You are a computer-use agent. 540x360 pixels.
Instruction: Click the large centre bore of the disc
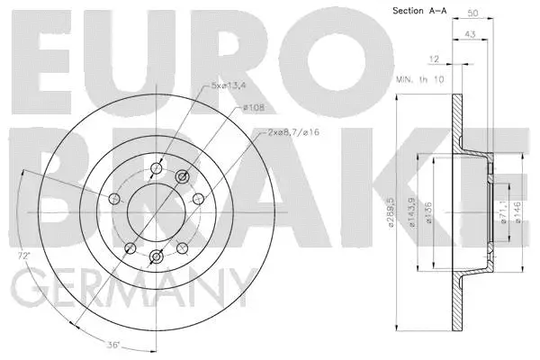[152, 211]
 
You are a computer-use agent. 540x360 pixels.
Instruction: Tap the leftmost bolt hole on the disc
[114, 199]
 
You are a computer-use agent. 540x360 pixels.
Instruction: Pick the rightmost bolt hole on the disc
[197, 199]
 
